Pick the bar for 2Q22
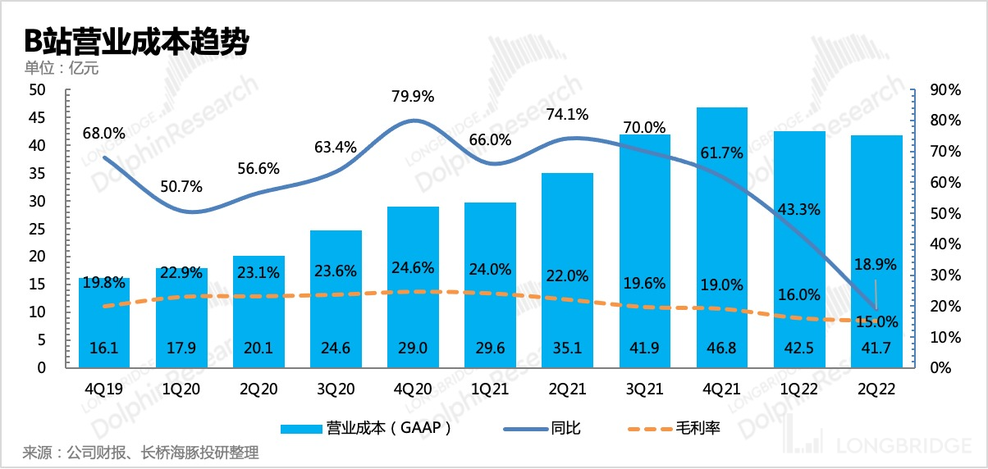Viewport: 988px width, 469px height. click(x=876, y=246)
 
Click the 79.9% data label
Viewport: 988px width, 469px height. click(x=414, y=97)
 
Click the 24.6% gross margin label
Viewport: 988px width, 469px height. click(x=412, y=266)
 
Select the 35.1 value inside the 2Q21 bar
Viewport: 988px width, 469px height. click(x=567, y=348)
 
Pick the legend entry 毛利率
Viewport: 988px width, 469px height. click(x=673, y=428)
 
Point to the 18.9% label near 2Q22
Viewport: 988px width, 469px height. click(x=876, y=264)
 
